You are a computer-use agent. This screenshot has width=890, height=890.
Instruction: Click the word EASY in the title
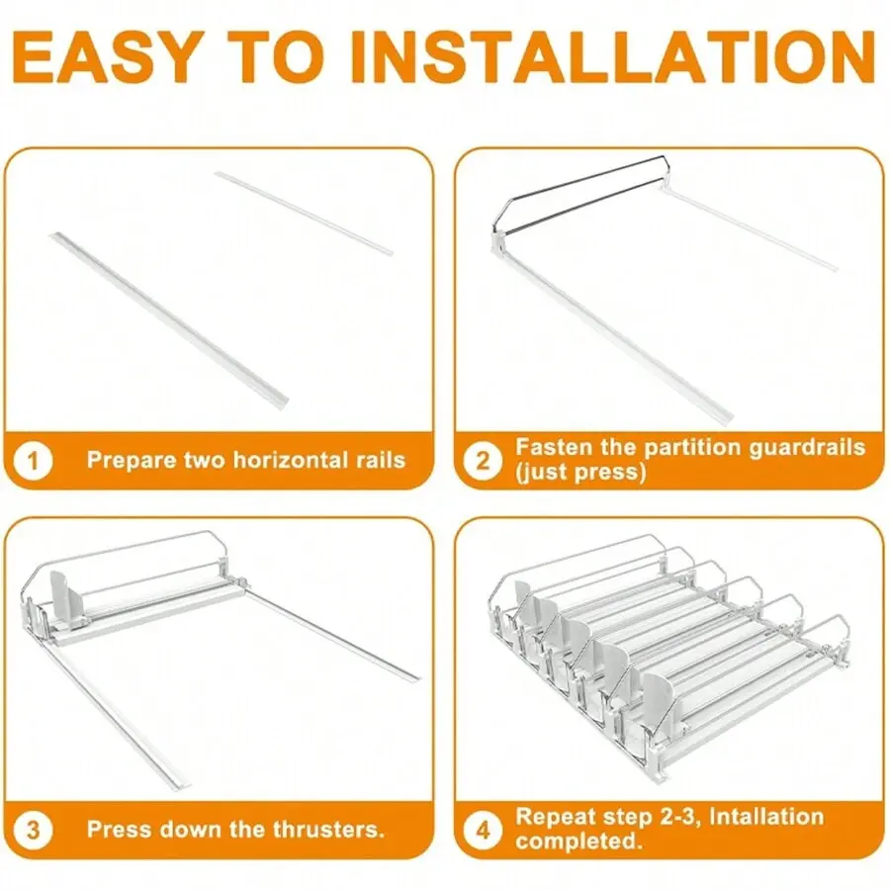click(x=107, y=57)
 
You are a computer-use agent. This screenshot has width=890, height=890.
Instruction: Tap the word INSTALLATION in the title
click(x=613, y=57)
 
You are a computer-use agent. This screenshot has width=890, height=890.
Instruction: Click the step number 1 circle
click(x=33, y=460)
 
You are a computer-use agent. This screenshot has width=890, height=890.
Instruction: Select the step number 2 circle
click(x=482, y=460)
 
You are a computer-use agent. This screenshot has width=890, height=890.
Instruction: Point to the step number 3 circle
click(x=33, y=831)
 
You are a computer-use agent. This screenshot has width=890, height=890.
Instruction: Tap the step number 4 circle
click(x=482, y=831)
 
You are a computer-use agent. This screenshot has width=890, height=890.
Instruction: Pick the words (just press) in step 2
click(x=580, y=473)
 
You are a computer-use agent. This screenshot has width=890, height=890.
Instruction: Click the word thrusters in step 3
click(x=328, y=830)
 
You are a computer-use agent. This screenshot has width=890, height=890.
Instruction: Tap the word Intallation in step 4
click(x=766, y=817)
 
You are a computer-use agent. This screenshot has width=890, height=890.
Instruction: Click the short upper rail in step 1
click(x=304, y=214)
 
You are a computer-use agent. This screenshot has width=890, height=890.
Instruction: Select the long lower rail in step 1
click(x=169, y=320)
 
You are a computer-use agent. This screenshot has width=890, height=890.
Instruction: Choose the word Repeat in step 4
click(x=555, y=818)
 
